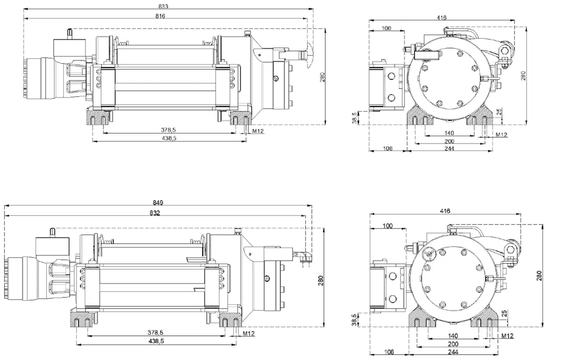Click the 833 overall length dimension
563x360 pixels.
pyautogui.click(x=163, y=6)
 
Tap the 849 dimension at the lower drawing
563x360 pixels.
pyautogui.click(x=158, y=203)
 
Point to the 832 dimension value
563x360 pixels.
pyautogui.click(x=155, y=213)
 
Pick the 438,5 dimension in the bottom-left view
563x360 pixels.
pyautogui.click(x=156, y=342)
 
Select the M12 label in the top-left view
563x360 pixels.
pyautogui.click(x=258, y=131)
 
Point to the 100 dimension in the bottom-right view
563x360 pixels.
pyautogui.click(x=388, y=226)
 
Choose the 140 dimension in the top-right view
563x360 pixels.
pyautogui.click(x=450, y=133)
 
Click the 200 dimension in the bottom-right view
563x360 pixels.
pyautogui.click(x=452, y=344)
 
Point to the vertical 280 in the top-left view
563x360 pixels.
pyautogui.click(x=322, y=77)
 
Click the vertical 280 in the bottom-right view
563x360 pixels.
pyautogui.click(x=539, y=277)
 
